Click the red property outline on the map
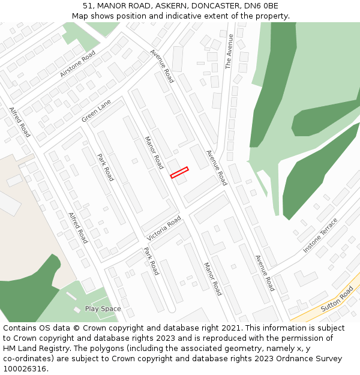point(179,173)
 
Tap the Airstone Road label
point(77,64)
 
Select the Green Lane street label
point(96,111)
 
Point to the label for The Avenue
point(229,52)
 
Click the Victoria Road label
point(164,229)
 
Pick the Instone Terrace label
point(320,235)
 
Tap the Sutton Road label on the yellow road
point(337,298)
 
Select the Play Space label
point(103,309)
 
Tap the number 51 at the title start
point(88,6)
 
